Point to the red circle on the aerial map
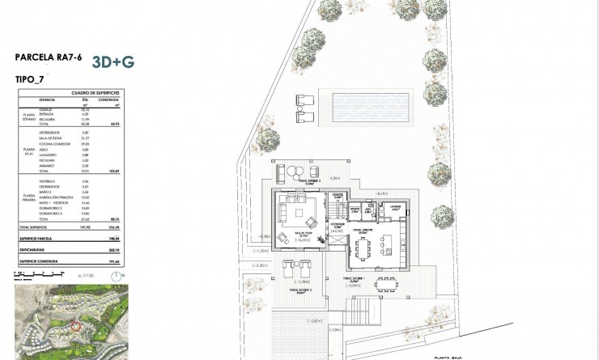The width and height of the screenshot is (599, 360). point(78,325)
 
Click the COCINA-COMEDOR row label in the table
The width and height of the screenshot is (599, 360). point(53,144)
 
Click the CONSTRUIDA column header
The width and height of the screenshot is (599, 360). point(119,100)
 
